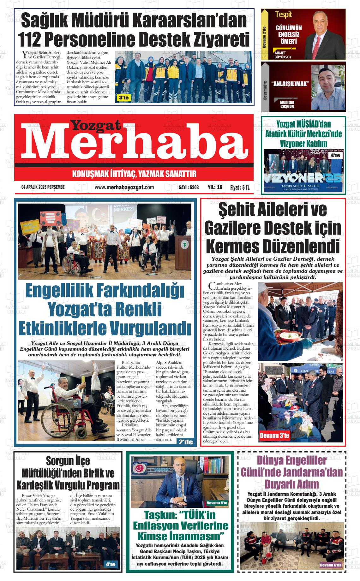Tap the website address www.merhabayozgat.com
[x=124, y=187]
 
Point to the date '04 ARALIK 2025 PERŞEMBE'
[x=43, y=187]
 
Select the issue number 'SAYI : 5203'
[x=189, y=187]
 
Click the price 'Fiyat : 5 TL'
[x=240, y=187]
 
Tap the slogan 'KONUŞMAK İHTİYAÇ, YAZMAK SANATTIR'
[x=134, y=174]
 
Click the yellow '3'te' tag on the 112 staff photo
[x=124, y=98]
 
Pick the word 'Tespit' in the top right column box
[x=283, y=15]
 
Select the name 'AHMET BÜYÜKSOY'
[x=283, y=55]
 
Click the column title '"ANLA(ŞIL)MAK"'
[x=290, y=83]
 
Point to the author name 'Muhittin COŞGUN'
[x=287, y=104]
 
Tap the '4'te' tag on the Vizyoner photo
[x=335, y=156]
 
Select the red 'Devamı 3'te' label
[x=274, y=436]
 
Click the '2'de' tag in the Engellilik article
[x=185, y=442]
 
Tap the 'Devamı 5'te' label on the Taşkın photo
[x=217, y=503]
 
